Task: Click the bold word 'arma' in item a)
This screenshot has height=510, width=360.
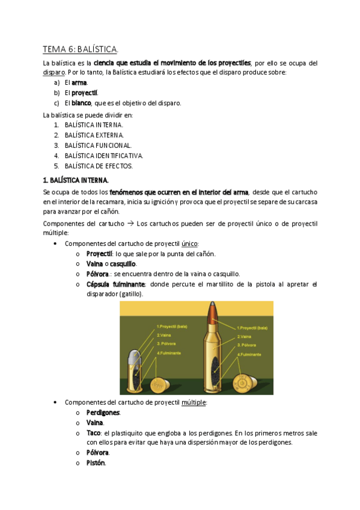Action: [x=79, y=82]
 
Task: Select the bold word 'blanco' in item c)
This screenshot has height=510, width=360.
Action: [x=82, y=103]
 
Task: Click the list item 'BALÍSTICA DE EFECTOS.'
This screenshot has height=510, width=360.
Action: [x=99, y=165]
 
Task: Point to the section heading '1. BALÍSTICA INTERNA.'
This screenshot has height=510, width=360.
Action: [x=76, y=179]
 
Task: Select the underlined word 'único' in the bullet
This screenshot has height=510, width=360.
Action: [x=189, y=244]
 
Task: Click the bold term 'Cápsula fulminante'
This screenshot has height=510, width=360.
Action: [x=115, y=284]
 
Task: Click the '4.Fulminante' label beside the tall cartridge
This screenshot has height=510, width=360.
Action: [x=249, y=354]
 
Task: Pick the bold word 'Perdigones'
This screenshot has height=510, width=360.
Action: [x=103, y=413]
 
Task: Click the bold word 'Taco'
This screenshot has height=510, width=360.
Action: [x=93, y=432]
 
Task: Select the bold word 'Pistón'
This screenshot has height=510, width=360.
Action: [x=96, y=462]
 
